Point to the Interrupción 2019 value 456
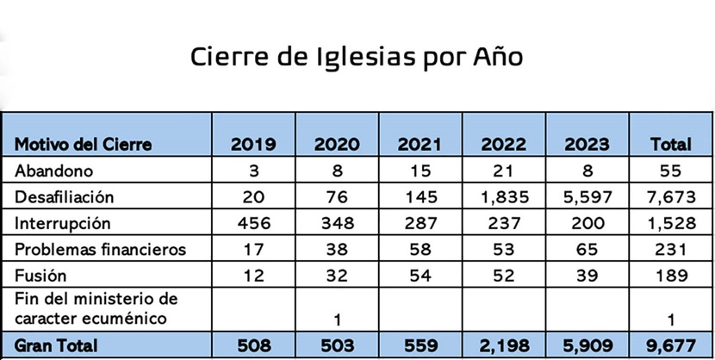pyautogui.click(x=253, y=223)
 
